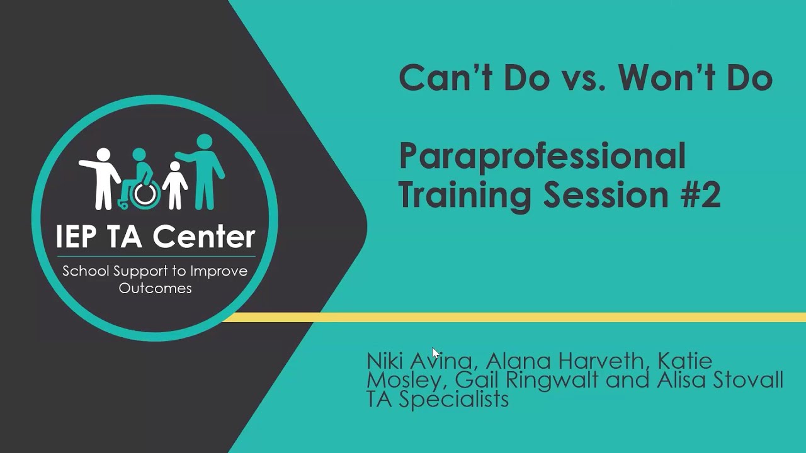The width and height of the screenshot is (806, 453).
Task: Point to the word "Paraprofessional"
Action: [x=542, y=156]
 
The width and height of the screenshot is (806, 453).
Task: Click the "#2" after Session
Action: [x=700, y=194]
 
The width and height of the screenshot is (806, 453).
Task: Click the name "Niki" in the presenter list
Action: [x=385, y=361]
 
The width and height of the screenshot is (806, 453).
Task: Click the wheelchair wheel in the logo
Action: [x=145, y=194]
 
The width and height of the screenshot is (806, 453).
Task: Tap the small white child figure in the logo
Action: [x=174, y=184]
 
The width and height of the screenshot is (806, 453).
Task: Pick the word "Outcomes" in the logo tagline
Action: [x=155, y=288]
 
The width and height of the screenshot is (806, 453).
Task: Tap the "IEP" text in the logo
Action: [x=77, y=237]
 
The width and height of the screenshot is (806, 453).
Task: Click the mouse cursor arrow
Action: [x=435, y=353]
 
